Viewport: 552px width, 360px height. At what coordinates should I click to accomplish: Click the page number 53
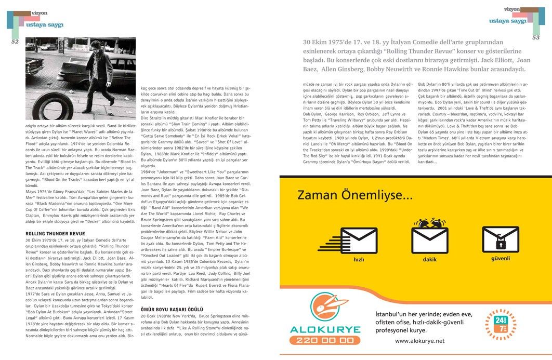coord(536,37)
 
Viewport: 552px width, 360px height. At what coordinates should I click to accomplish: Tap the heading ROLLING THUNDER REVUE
coord(55,234)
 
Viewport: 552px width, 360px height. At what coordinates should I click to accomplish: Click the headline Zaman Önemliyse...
coord(355,196)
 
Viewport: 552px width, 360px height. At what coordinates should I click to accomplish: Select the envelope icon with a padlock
coord(501,237)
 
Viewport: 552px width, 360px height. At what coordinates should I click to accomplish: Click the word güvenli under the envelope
coord(501,258)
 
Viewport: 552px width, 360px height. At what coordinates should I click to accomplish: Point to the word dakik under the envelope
coord(430,259)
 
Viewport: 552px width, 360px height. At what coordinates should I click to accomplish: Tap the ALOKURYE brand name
coord(325,329)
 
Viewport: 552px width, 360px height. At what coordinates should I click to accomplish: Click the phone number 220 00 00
coord(325,341)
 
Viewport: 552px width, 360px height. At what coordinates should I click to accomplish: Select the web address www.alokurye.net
coord(420,341)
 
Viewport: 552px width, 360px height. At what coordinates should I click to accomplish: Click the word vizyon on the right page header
coord(512,9)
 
